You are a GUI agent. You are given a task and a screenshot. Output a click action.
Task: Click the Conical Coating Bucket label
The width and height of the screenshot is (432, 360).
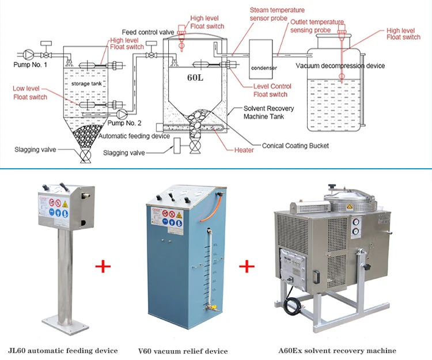[295, 146]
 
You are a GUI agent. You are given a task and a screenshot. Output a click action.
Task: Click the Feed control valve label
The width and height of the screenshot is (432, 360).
[147, 32]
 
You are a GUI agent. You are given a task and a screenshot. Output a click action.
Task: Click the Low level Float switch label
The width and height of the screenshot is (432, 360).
[30, 93]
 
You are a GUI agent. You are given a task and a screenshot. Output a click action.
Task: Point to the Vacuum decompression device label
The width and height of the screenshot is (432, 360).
[340, 66]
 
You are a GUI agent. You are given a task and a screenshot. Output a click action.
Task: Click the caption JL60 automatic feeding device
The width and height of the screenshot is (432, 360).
[63, 350]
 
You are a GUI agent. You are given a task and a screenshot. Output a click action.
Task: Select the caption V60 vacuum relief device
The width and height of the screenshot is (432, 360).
[183, 351]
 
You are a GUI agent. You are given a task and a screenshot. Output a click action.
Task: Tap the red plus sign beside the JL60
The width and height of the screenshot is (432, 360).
[103, 266]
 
